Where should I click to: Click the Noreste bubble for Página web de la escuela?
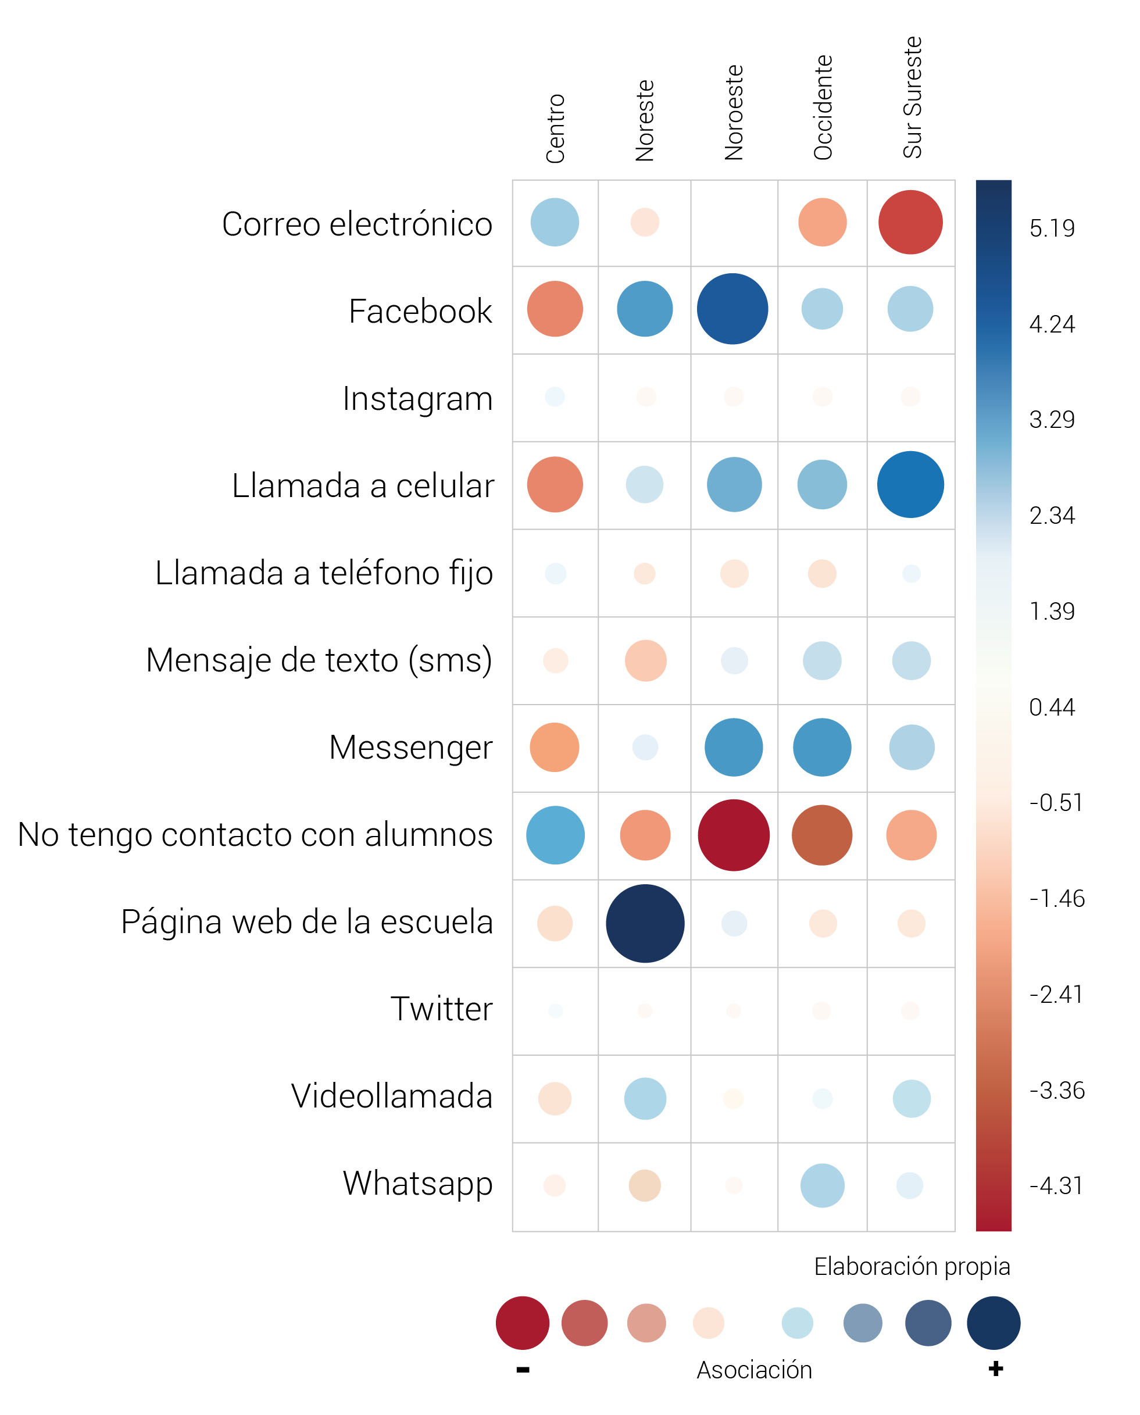click(x=645, y=923)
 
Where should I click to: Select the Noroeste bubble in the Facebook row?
click(x=732, y=309)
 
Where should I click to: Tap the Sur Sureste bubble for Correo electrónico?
click(x=910, y=222)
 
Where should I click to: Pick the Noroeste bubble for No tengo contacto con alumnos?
click(x=734, y=835)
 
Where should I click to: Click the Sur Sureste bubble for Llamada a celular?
click(x=910, y=485)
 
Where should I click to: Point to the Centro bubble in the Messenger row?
click(x=555, y=747)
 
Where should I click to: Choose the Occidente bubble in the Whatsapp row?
click(x=822, y=1185)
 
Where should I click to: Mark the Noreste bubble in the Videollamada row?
click(x=645, y=1099)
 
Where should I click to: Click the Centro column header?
click(x=556, y=128)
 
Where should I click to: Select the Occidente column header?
click(x=823, y=108)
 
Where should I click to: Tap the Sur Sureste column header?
click(x=912, y=97)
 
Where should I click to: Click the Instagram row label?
click(x=417, y=399)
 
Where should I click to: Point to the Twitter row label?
click(x=441, y=1009)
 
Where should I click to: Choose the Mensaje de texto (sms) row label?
click(x=319, y=660)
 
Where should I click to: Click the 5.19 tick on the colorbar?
click(x=1052, y=228)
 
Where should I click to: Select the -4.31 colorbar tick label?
click(x=1055, y=1186)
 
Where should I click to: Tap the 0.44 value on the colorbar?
click(x=1052, y=707)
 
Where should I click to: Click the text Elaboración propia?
click(x=912, y=1266)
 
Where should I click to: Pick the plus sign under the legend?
click(x=995, y=1369)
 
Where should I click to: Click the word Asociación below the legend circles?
click(x=754, y=1370)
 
